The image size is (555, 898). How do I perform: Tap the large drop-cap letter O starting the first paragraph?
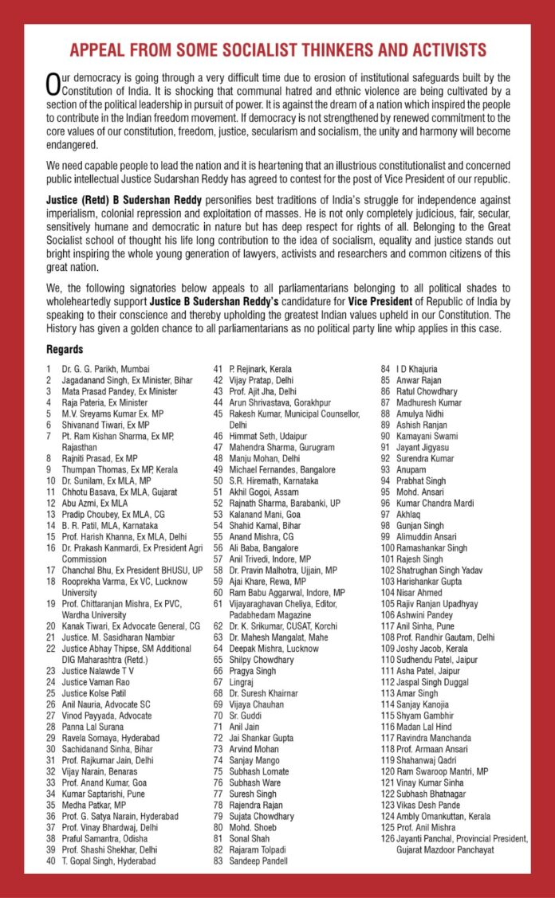(x=53, y=83)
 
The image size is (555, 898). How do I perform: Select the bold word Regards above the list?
(x=64, y=350)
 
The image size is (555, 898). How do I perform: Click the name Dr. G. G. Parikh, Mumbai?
(x=102, y=369)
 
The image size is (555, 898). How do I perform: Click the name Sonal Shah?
(x=254, y=838)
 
